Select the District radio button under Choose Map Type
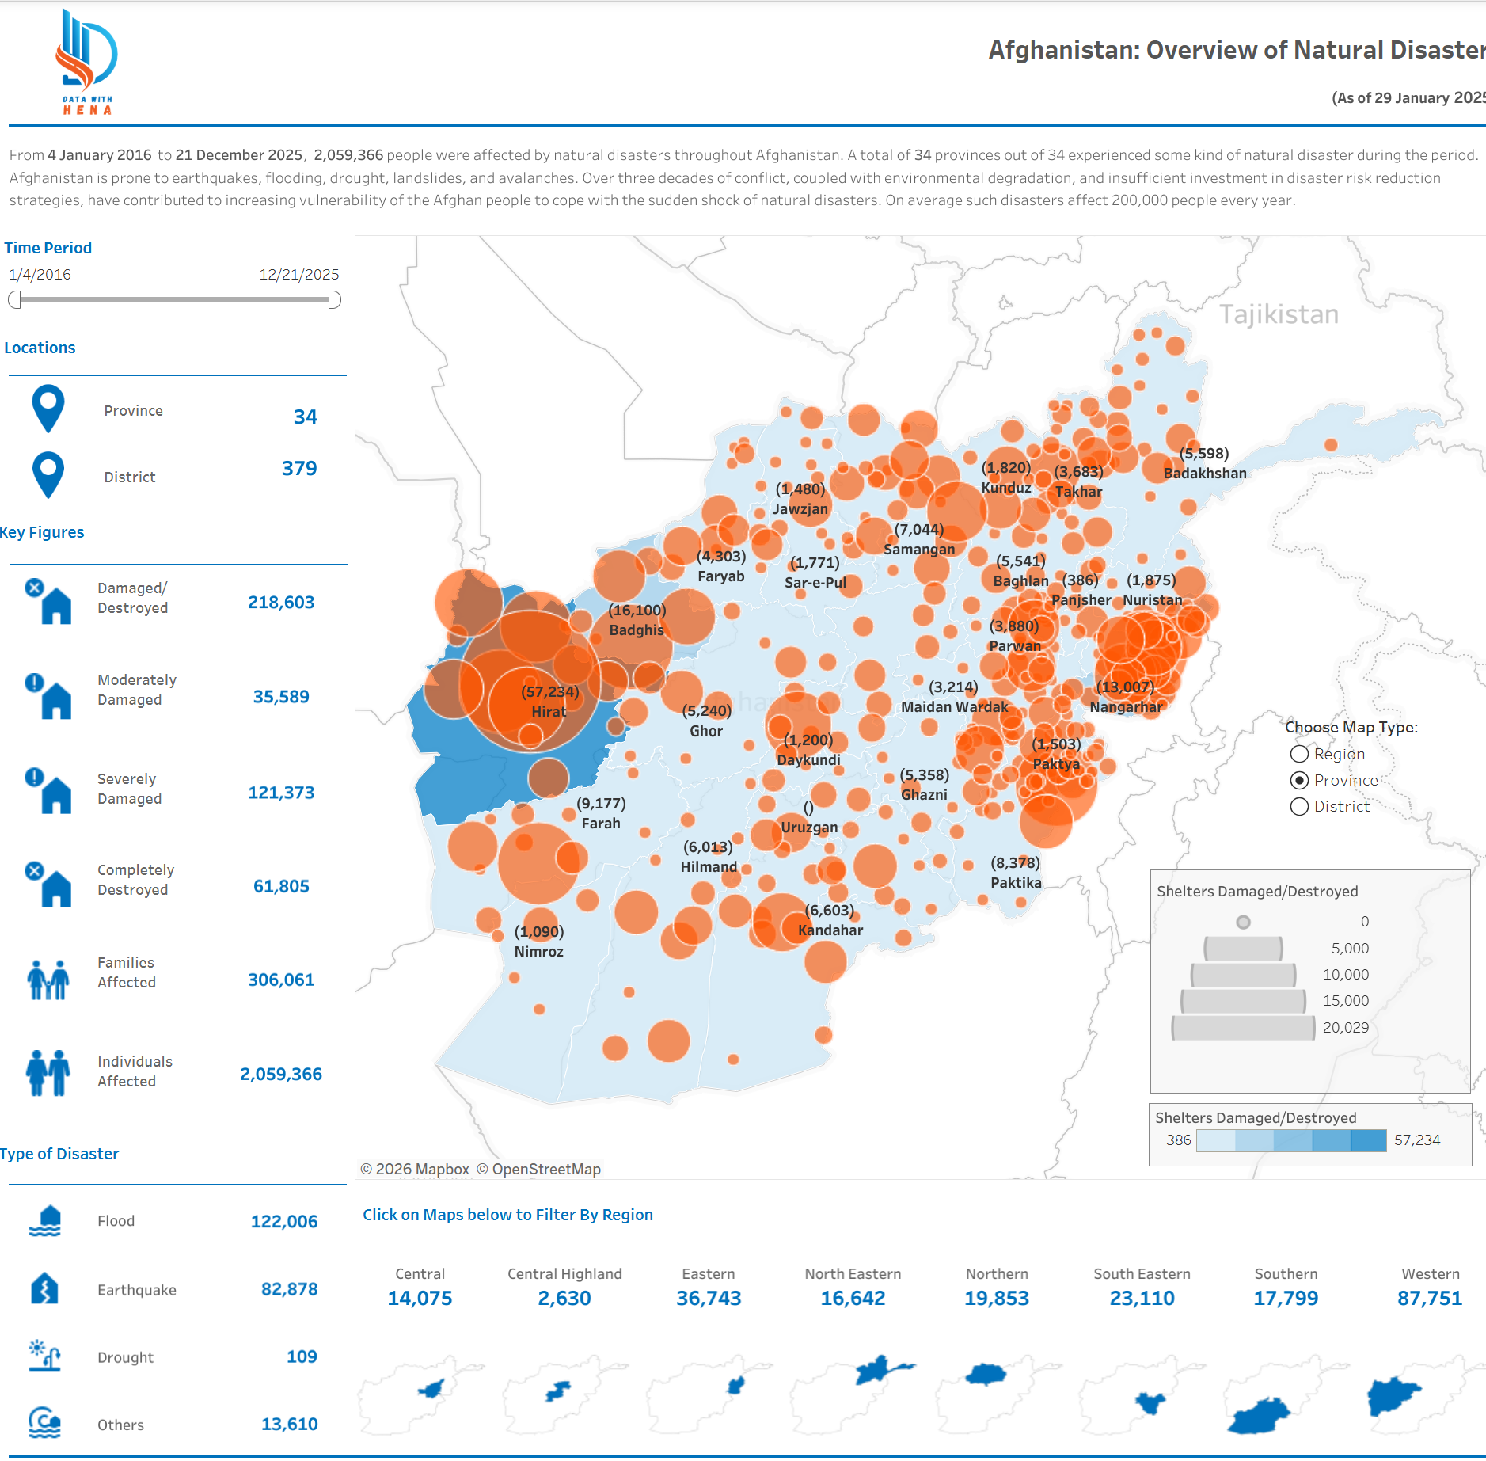click(x=1299, y=806)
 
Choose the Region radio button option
click(x=1299, y=754)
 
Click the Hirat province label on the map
click(x=549, y=711)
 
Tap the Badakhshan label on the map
click(x=1205, y=473)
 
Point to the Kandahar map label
click(x=830, y=930)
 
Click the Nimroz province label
click(x=538, y=951)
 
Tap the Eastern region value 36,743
click(x=709, y=1298)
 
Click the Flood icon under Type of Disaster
click(x=45, y=1221)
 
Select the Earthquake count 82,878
click(x=289, y=1289)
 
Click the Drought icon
click(x=45, y=1356)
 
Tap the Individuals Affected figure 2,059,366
click(x=281, y=1074)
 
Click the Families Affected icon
click(x=48, y=979)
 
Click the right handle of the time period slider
click(x=334, y=300)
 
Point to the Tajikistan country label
click(x=1279, y=314)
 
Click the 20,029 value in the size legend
click(x=1345, y=1027)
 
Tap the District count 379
click(x=299, y=468)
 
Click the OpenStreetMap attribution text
click(x=545, y=1169)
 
